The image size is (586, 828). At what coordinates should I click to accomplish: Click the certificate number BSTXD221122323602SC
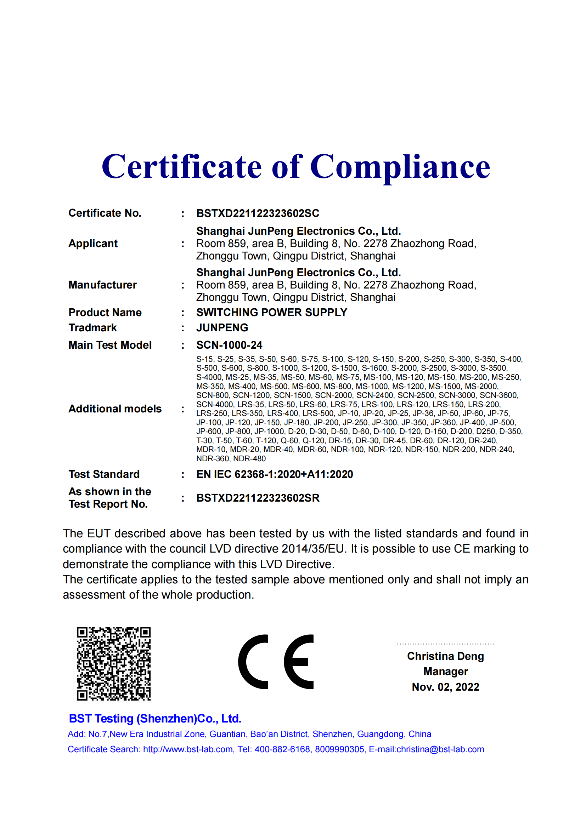click(x=258, y=213)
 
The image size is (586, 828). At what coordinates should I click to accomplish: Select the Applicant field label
click(x=93, y=244)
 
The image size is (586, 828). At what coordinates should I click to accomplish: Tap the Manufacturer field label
click(x=102, y=285)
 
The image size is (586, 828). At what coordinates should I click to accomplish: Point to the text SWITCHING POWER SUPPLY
click(x=271, y=313)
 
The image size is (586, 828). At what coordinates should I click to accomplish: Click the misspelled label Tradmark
click(x=93, y=328)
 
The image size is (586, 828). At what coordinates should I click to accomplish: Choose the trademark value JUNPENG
click(x=222, y=328)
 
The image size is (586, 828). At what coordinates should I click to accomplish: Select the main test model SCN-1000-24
click(x=229, y=345)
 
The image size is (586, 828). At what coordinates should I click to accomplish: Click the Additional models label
click(x=115, y=409)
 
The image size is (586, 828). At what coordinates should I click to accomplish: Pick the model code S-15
click(x=204, y=359)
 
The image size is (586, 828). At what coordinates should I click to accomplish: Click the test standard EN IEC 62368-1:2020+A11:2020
click(x=274, y=474)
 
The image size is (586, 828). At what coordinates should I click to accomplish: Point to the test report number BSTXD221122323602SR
click(x=258, y=498)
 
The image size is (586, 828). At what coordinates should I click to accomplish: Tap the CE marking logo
click(x=276, y=662)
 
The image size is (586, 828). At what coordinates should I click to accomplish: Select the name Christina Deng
click(x=445, y=656)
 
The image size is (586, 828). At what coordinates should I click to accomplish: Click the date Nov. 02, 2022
click(x=445, y=687)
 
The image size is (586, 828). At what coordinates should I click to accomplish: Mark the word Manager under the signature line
click(x=445, y=672)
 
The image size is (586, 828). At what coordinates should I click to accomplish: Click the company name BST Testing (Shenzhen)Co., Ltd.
click(x=155, y=719)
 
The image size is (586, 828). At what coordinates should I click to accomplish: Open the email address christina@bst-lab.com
click(x=440, y=749)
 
